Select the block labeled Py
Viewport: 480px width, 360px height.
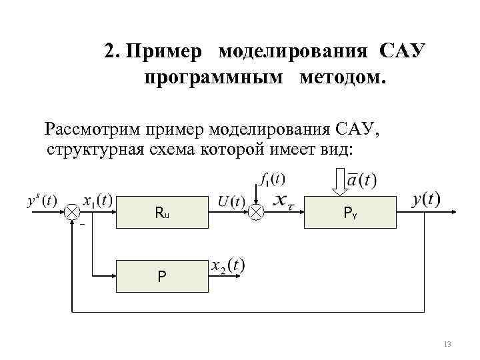tap(350, 213)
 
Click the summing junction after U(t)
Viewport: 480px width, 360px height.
tap(257, 213)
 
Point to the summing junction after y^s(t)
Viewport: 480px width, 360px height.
tap(71, 213)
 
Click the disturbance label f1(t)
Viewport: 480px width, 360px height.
tap(271, 179)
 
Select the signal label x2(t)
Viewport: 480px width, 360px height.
tap(227, 265)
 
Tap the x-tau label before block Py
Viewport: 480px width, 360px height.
tap(285, 200)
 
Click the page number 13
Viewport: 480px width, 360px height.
tap(447, 345)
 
